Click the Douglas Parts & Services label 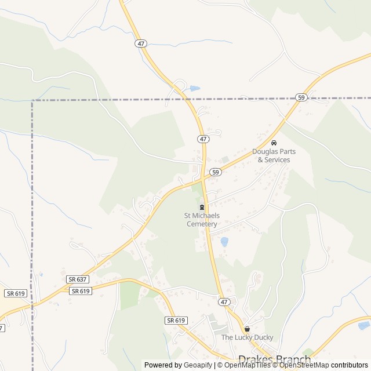pos(274,155)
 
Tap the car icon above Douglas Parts pos(274,143)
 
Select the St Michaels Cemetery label pos(202,220)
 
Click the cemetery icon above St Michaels pos(202,208)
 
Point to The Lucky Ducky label pos(247,337)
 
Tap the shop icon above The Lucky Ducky pos(247,329)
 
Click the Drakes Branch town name pos(274,361)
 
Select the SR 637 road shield pos(77,279)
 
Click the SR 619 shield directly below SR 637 pos(81,291)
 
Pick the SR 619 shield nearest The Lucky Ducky pos(176,321)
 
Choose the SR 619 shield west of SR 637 pos(16,293)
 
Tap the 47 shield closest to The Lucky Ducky pos(224,302)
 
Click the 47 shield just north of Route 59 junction pos(202,139)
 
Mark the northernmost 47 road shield pos(141,43)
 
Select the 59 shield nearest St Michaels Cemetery pos(215,172)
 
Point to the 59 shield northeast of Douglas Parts pos(300,97)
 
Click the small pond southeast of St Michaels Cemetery pos(224,242)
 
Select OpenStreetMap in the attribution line pos(304,365)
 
